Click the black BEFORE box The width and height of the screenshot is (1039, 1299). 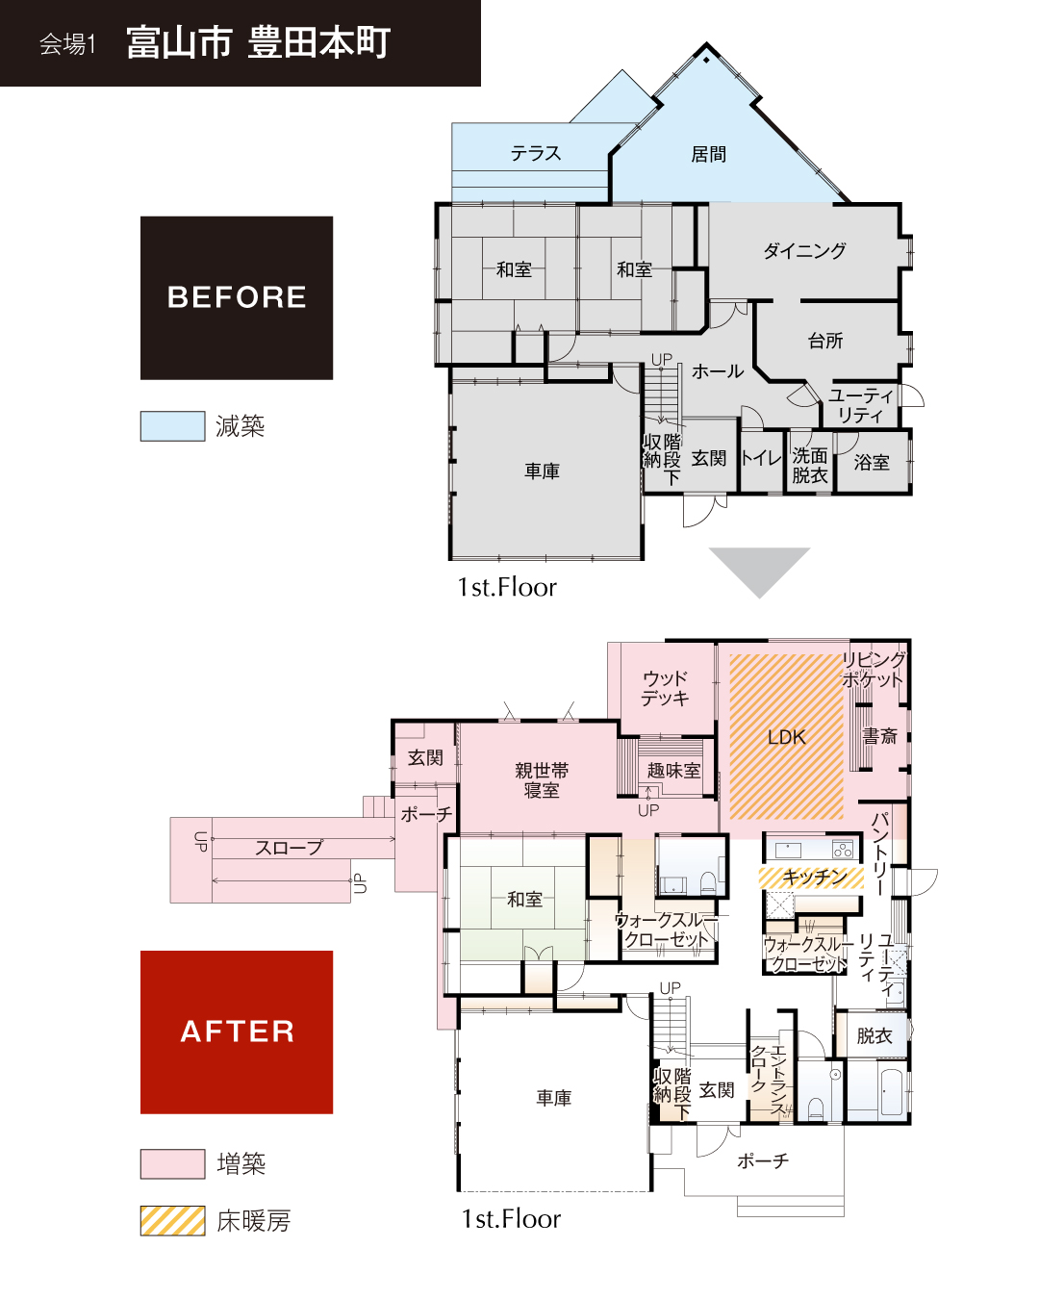point(236,297)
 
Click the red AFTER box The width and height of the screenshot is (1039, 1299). point(236,1032)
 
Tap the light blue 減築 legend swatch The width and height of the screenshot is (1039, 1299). point(172,426)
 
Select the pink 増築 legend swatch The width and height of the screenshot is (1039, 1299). point(172,1163)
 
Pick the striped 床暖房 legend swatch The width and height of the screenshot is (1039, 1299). point(172,1220)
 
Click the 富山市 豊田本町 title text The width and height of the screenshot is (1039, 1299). point(259,42)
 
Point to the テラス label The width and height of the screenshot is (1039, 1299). point(536,153)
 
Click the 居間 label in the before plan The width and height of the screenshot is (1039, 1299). point(708,155)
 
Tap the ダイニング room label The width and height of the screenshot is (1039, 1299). point(805,250)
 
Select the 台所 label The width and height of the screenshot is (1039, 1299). point(825,341)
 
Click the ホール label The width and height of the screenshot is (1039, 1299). point(718,371)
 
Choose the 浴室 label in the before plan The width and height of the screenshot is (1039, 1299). point(872,463)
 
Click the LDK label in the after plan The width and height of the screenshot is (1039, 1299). point(786,737)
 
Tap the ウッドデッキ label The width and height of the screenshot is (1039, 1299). point(665,688)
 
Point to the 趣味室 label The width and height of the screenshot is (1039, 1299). point(673,770)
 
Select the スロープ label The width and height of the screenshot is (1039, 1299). point(290,848)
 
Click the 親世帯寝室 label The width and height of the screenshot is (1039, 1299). point(542,780)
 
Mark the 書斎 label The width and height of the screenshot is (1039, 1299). point(879,736)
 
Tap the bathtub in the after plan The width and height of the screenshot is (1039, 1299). point(891,1092)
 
